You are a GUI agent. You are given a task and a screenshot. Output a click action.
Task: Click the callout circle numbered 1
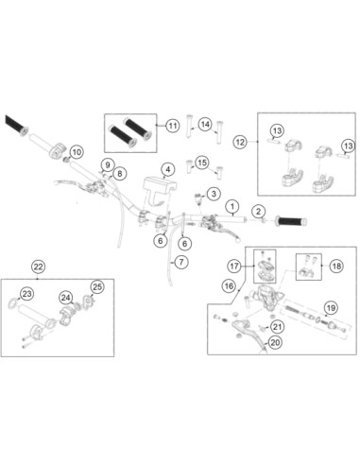232,206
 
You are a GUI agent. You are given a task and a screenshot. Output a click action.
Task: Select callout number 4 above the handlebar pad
168,169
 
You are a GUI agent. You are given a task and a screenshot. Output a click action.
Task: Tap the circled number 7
181,262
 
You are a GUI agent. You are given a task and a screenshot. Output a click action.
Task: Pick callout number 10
77,152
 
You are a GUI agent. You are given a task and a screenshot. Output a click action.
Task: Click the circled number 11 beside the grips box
173,126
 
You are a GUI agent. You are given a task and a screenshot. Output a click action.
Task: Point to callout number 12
240,142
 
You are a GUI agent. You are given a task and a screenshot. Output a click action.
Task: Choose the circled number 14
205,124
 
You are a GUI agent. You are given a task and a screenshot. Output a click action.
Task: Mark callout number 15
202,163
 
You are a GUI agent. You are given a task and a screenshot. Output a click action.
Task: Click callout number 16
229,286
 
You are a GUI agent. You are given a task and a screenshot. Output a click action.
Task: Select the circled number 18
336,267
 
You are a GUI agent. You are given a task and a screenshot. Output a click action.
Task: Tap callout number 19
331,307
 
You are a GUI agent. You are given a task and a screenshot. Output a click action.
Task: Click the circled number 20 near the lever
275,342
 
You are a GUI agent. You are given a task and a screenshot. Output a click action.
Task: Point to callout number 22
38,267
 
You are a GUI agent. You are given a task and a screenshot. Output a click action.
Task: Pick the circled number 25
97,286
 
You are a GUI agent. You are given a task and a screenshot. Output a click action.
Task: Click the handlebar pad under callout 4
159,192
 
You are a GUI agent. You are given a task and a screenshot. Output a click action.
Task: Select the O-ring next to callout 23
13,303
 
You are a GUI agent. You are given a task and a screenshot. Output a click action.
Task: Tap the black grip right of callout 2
291,221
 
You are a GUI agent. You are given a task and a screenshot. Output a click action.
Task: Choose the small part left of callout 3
198,198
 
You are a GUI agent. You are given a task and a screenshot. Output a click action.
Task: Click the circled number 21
277,326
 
